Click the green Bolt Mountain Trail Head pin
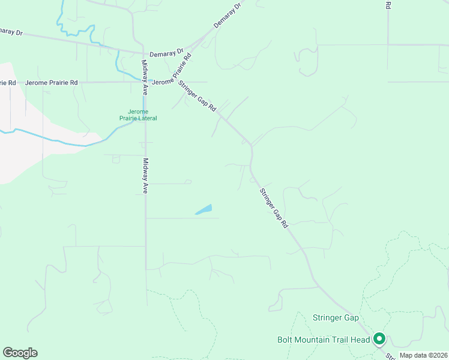[379, 340]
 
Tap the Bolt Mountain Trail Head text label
[324, 340]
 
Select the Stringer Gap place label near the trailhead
[336, 317]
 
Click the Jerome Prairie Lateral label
[142, 115]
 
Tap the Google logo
[20, 353]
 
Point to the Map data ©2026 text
[423, 355]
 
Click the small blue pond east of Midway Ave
[203, 209]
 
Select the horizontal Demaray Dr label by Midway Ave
[166, 54]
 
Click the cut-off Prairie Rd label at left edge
[7, 82]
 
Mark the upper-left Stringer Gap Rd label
[197, 96]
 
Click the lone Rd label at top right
[388, 5]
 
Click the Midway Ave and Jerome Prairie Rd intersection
[145, 82]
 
